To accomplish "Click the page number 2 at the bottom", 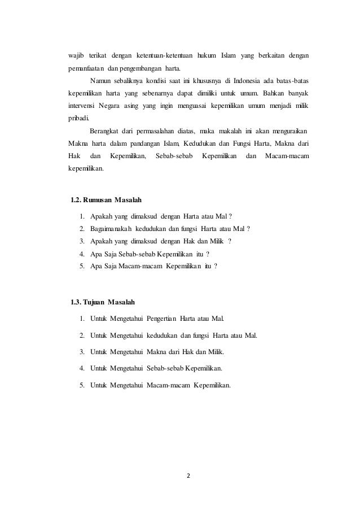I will coord(188,475).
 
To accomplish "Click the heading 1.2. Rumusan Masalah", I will coord(106,200).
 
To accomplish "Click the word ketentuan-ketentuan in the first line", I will coord(163,56).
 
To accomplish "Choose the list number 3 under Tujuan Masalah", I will coord(82,352).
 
